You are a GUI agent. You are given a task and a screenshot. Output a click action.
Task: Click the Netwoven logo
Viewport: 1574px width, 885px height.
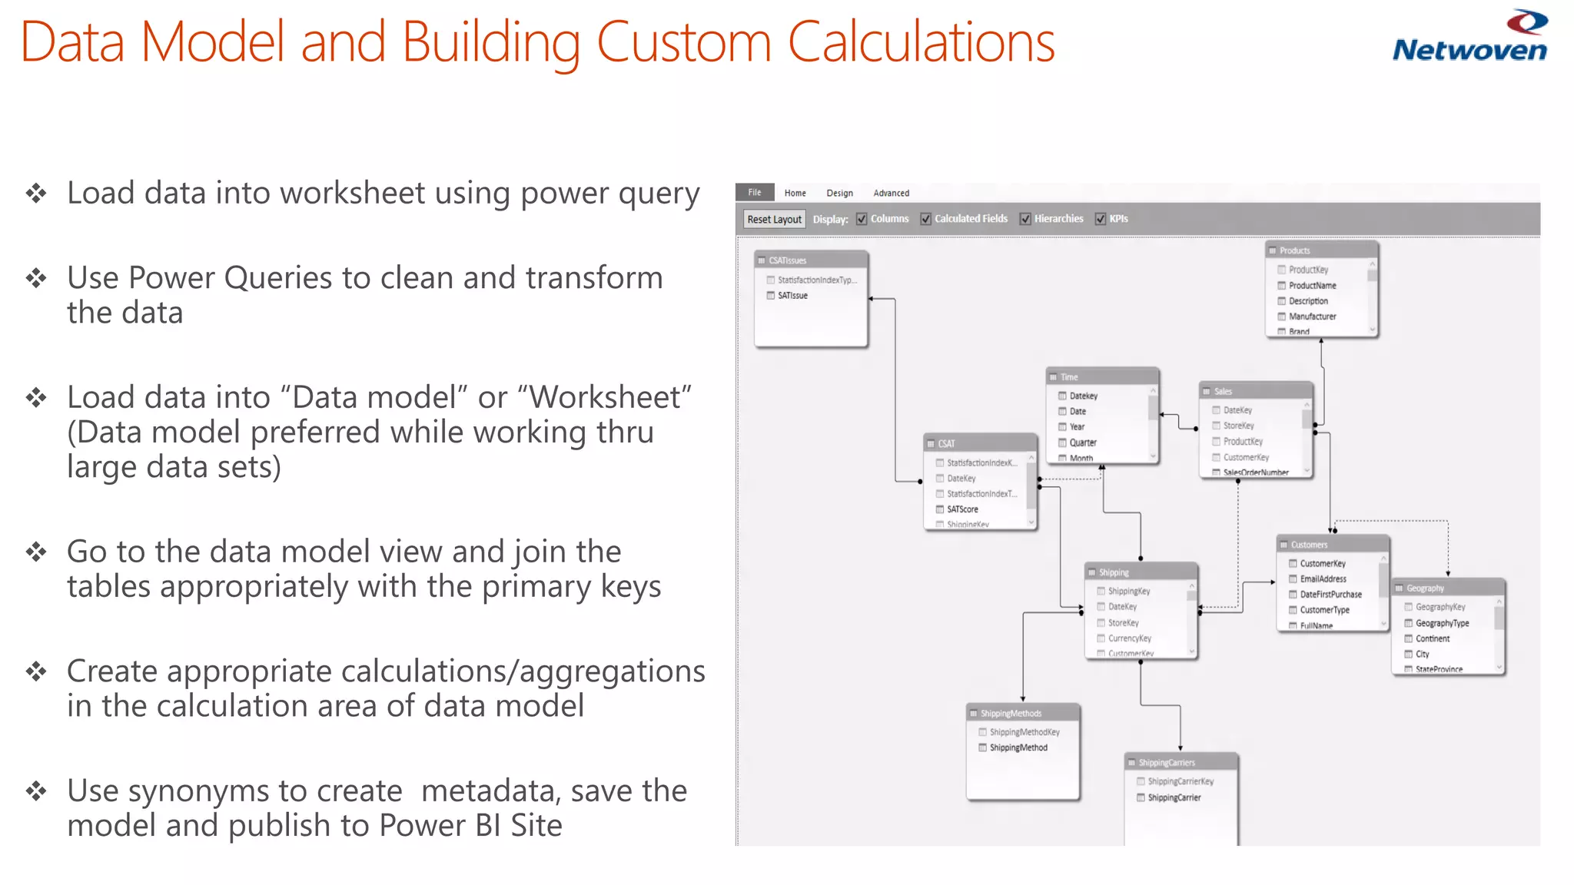pos(1469,37)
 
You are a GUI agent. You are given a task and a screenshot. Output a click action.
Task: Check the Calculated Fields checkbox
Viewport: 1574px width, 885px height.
pos(926,219)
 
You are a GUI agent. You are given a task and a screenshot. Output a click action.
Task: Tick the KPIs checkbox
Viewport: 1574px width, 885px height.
pos(1101,219)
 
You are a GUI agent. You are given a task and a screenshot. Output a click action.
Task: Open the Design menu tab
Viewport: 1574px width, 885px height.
pos(839,193)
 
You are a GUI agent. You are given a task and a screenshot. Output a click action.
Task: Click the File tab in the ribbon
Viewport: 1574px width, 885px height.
pos(755,192)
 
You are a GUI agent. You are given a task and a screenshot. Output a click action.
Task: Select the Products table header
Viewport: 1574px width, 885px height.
pos(1321,250)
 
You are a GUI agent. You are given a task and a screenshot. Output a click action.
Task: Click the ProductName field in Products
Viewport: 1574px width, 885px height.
pos(1312,285)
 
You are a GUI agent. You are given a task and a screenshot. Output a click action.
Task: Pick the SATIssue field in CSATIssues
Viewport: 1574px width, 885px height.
pos(792,296)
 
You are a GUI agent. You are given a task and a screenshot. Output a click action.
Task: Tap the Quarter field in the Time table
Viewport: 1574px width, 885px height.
pos(1082,442)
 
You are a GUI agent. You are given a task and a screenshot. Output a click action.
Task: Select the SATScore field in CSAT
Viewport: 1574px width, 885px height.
pos(962,509)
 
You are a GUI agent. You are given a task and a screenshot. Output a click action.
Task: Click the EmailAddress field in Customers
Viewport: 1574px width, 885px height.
pos(1323,579)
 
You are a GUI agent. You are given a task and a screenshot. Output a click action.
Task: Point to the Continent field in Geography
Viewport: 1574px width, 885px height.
pos(1433,638)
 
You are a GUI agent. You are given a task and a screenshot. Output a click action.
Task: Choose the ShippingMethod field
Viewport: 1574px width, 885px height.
pos(1018,747)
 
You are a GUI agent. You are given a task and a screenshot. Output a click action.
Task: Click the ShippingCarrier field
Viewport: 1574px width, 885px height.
pos(1174,797)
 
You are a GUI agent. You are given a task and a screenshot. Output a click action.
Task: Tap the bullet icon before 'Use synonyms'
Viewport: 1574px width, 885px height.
pos(36,791)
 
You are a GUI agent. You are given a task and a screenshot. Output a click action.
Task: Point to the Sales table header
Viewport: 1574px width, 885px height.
pos(1255,391)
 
